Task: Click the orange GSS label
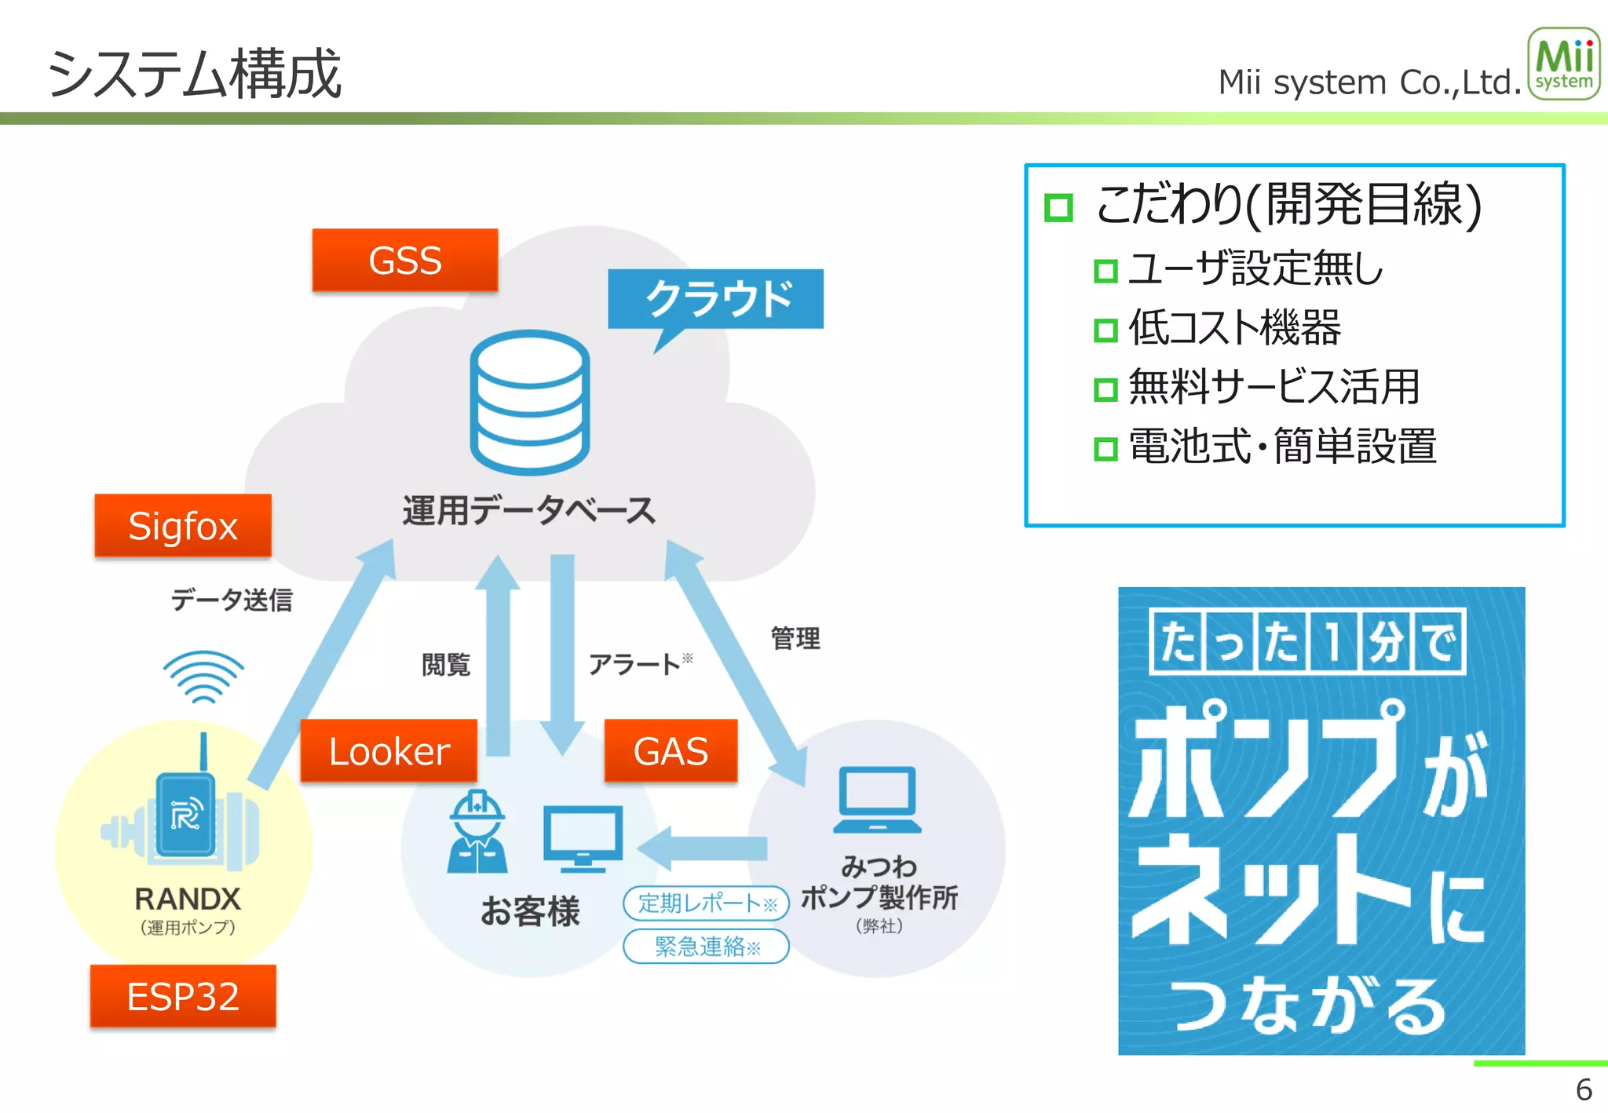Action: click(404, 260)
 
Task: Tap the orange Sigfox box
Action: click(183, 525)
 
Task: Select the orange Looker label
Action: click(389, 750)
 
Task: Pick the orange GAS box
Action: click(671, 750)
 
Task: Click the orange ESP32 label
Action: click(183, 996)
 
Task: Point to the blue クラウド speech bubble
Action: click(716, 299)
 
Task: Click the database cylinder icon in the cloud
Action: click(530, 402)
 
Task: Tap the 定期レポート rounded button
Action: click(706, 903)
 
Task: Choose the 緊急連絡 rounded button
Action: click(706, 946)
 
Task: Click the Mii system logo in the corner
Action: click(1563, 64)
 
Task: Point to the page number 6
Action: click(1584, 1089)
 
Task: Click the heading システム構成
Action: click(194, 74)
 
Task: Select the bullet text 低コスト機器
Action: click(1234, 328)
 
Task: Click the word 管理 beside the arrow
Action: click(795, 638)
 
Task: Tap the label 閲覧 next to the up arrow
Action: click(446, 665)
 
